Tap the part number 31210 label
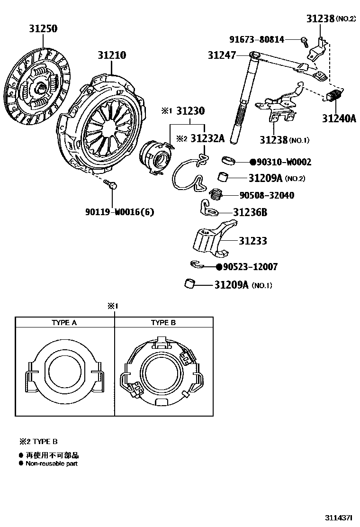point(112,55)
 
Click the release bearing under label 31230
point(157,155)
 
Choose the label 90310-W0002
point(283,163)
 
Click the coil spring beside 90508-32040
point(217,194)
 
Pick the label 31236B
point(250,213)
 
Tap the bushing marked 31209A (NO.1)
point(190,284)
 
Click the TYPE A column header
point(64,323)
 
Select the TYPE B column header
point(163,323)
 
